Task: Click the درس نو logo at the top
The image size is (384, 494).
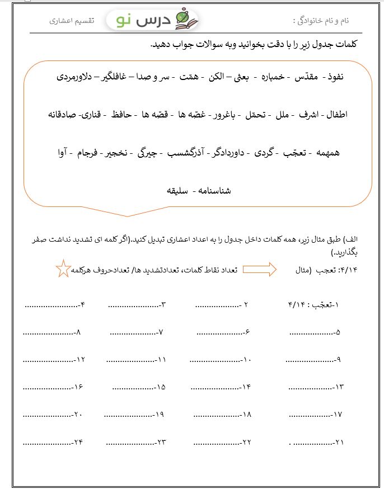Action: click(x=152, y=20)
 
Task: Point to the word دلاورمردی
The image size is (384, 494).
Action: click(x=77, y=77)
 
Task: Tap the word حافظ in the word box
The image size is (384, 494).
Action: click(x=122, y=115)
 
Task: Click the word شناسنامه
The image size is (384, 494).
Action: click(x=212, y=191)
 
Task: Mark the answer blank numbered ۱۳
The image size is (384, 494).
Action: click(x=311, y=387)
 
